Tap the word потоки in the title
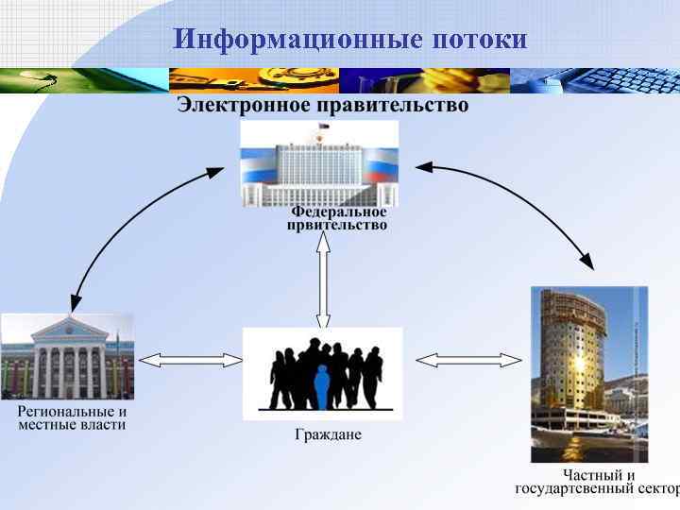(x=480, y=40)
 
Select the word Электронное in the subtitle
(x=243, y=106)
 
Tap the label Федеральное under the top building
(x=337, y=212)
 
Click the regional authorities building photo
(x=67, y=357)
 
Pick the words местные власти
(x=72, y=425)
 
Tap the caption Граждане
(x=328, y=435)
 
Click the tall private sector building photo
(x=589, y=374)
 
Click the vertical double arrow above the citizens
(x=323, y=280)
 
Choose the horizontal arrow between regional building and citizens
(x=189, y=360)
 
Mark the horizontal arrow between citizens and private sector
(x=468, y=360)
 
